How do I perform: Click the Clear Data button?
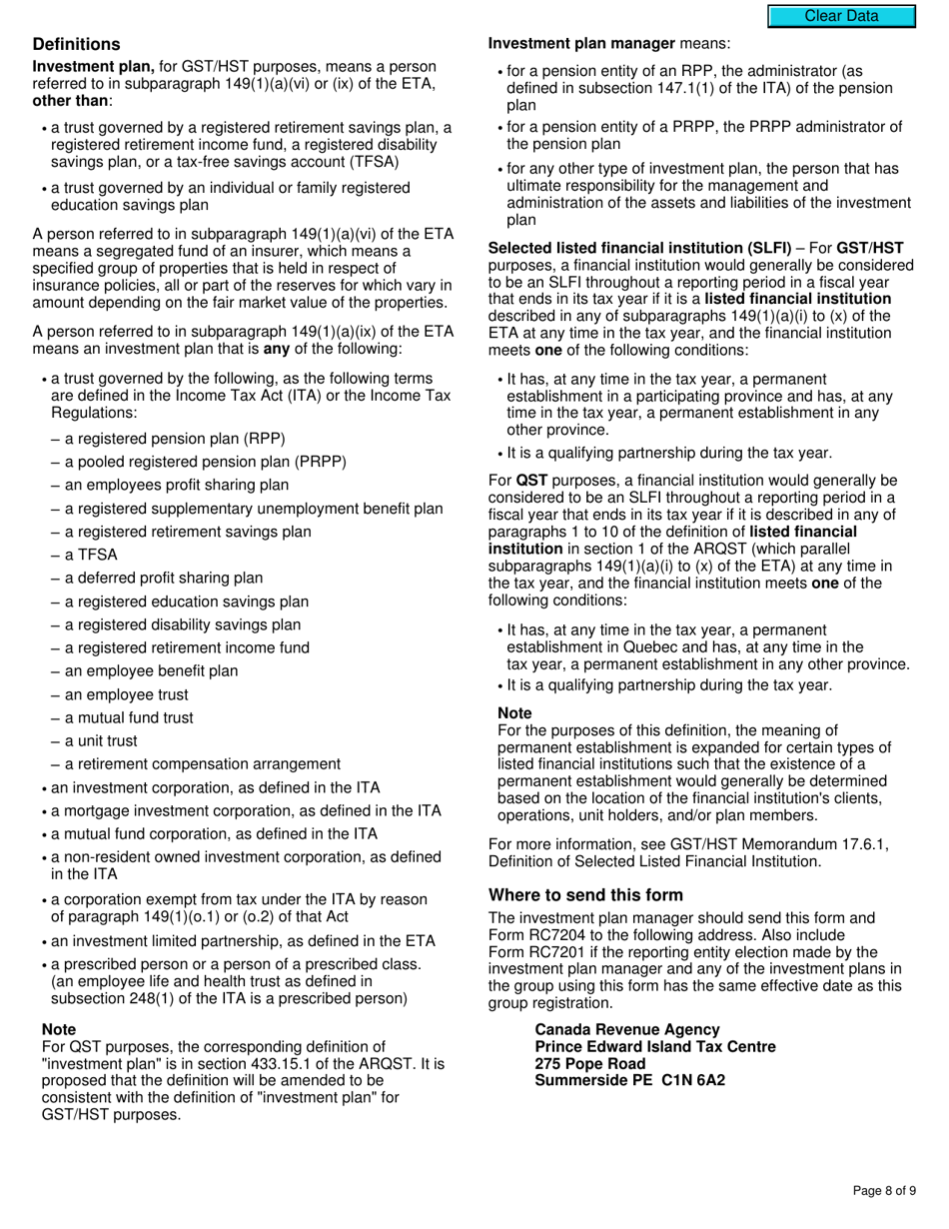841,16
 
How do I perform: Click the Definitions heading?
76,44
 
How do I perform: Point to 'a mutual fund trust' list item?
122,717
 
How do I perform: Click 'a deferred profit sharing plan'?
157,578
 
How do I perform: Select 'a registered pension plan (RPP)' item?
167,439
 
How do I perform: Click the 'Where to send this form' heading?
585,894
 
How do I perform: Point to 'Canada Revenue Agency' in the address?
626,1029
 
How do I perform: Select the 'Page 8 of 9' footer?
883,1190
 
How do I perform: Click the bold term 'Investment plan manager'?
581,43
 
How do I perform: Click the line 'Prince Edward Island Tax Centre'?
654,1046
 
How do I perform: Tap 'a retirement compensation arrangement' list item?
195,763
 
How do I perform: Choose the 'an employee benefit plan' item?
144,670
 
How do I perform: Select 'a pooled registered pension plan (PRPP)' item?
198,462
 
